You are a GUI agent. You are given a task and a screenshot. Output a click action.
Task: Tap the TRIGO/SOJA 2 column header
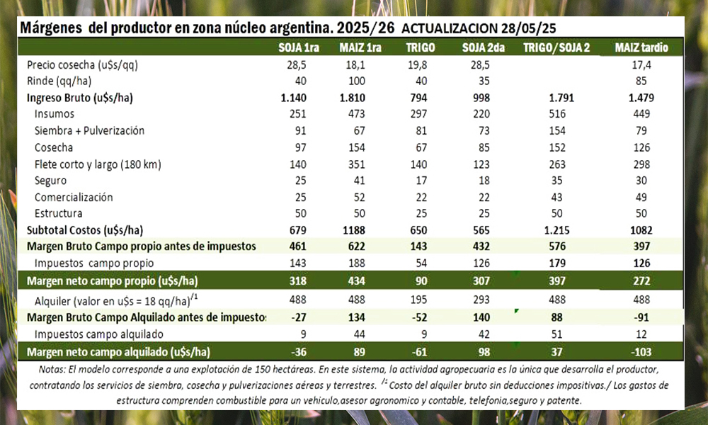point(556,47)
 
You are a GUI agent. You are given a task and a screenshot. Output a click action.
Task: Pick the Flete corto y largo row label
point(98,164)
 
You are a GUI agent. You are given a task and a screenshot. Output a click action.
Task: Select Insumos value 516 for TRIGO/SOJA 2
point(556,114)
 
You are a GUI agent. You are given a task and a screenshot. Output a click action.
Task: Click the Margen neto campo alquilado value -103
point(641,351)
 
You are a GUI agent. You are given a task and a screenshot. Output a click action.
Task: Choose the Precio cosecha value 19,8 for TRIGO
point(420,65)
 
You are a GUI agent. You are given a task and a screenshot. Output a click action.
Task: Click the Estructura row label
point(59,213)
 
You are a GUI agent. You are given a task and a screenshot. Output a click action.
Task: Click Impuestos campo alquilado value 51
point(556,334)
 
